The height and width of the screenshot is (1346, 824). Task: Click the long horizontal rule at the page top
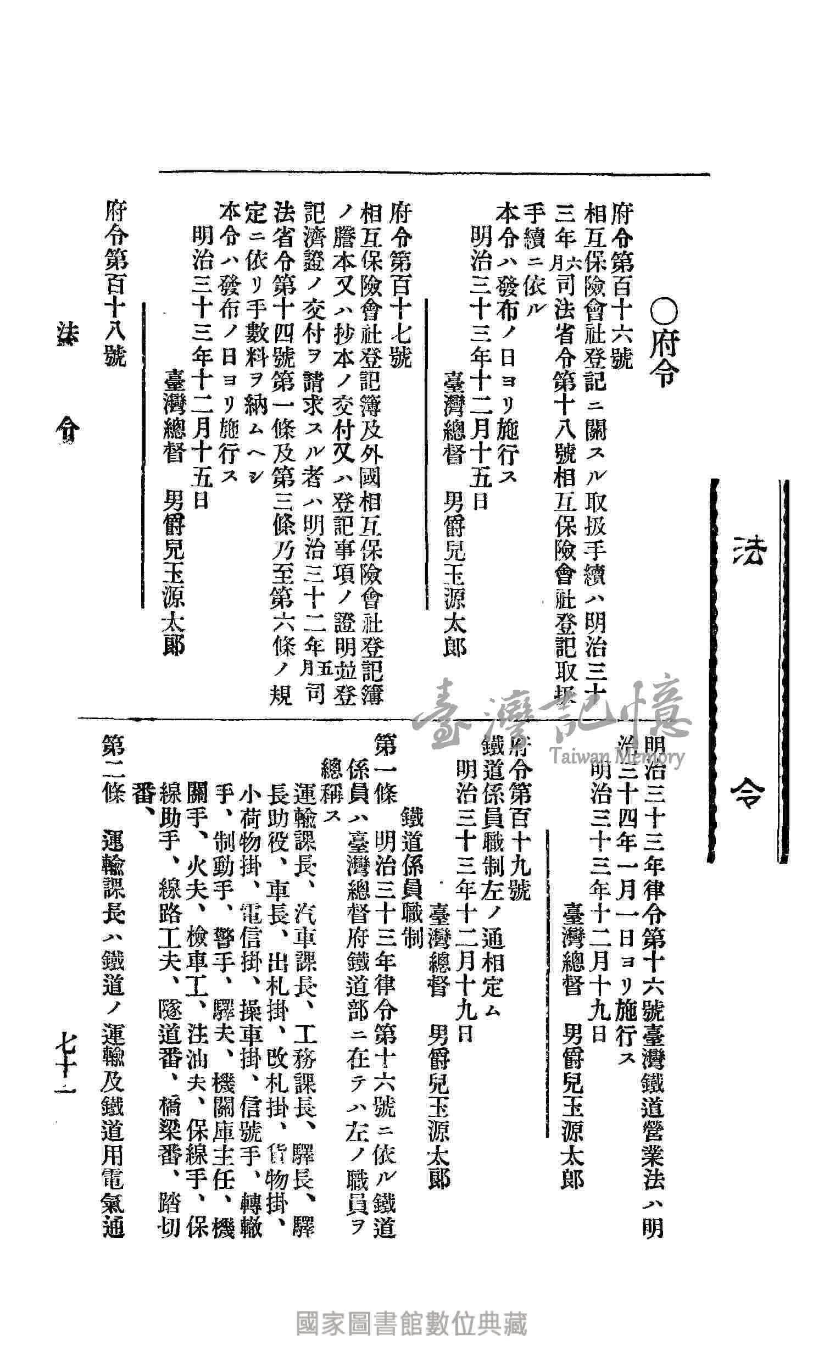[x=434, y=174]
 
